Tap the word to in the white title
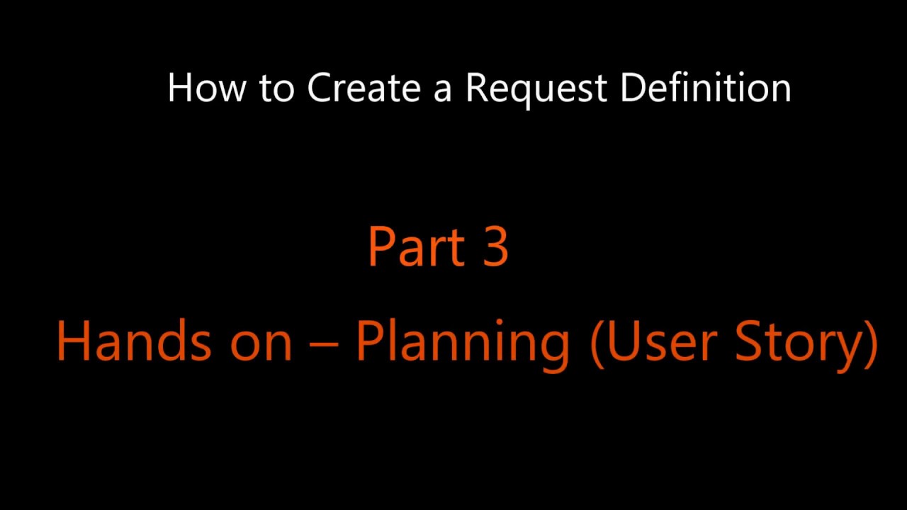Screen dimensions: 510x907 pos(276,89)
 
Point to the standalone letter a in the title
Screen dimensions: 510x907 pos(443,91)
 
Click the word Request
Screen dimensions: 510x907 pos(537,89)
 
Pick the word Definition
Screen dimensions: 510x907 pos(706,88)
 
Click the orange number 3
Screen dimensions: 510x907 pos(496,246)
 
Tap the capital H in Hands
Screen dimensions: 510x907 pos(73,340)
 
